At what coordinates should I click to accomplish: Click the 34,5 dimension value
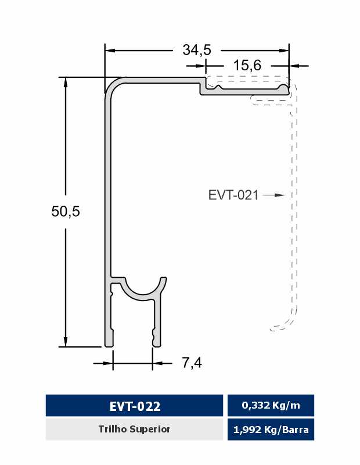point(196,51)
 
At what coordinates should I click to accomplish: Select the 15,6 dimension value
point(247,66)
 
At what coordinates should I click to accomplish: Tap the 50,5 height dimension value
point(65,212)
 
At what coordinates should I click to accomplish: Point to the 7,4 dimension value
point(192,363)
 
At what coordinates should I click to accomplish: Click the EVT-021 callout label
point(233,195)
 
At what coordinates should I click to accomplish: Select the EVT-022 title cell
point(134,406)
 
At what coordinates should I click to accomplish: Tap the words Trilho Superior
point(134,429)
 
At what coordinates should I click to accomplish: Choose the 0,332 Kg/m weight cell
point(271,406)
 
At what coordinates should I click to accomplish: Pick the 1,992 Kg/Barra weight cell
point(271,430)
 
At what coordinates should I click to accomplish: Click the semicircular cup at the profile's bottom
point(143,291)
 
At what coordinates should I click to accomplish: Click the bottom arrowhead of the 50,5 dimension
point(66,341)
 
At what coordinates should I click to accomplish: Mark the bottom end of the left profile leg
point(109,344)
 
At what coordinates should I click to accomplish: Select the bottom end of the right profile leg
point(156,344)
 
